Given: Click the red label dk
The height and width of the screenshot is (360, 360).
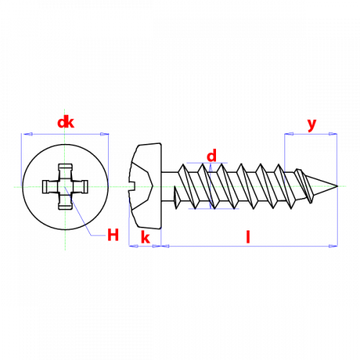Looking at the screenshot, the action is (66, 122).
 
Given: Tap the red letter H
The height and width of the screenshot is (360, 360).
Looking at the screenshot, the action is (113, 235).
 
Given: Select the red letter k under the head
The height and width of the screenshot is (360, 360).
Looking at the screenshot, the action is (145, 237).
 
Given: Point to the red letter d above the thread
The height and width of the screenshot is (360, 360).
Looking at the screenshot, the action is (212, 156).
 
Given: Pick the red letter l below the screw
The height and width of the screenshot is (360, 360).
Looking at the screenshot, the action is (248, 237).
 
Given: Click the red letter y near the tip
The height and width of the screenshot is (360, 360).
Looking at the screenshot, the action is (312, 125).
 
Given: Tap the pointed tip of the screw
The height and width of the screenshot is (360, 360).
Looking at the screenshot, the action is (338, 186).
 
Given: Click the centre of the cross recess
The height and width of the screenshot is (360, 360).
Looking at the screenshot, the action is (65, 186).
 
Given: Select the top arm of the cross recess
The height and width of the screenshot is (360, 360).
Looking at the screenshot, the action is (65, 171).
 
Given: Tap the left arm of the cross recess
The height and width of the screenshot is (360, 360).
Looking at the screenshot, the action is (50, 186).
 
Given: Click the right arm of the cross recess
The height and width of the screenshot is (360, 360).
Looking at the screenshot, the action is (81, 186).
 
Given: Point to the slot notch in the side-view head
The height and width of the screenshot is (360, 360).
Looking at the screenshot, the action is (132, 186).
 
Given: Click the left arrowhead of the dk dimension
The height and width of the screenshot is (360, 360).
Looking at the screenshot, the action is (27, 134).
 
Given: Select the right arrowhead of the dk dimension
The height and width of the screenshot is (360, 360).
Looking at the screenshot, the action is (104, 134).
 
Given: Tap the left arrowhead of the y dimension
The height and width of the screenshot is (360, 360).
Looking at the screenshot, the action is (289, 134).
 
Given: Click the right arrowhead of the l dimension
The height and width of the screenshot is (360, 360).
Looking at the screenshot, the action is (333, 246).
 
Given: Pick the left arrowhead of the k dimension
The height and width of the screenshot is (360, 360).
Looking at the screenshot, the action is (134, 246).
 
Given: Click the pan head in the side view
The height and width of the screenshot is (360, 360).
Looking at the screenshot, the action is (145, 186).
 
